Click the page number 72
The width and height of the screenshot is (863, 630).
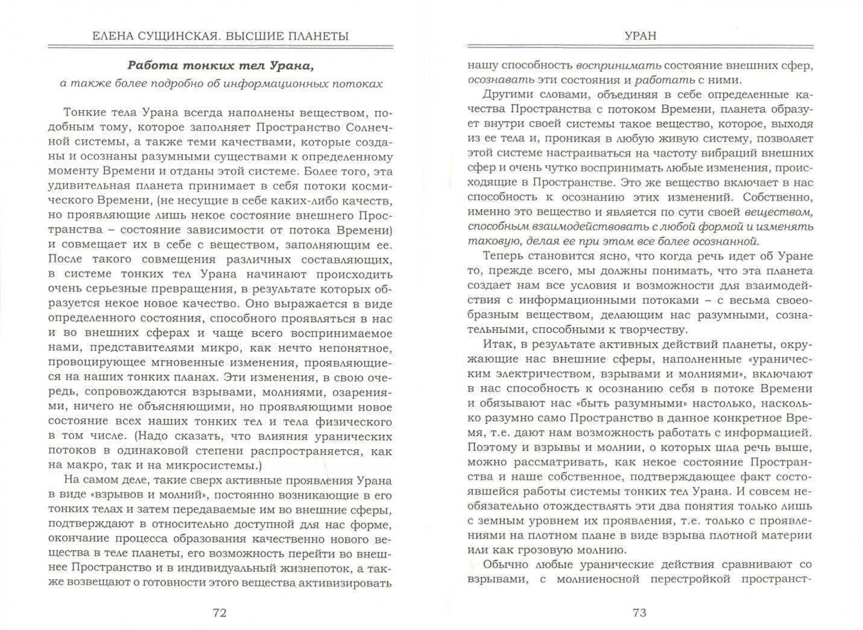[220, 613]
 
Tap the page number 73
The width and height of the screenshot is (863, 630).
[639, 613]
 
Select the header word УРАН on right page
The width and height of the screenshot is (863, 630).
[641, 36]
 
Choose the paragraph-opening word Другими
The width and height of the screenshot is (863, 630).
[506, 95]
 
